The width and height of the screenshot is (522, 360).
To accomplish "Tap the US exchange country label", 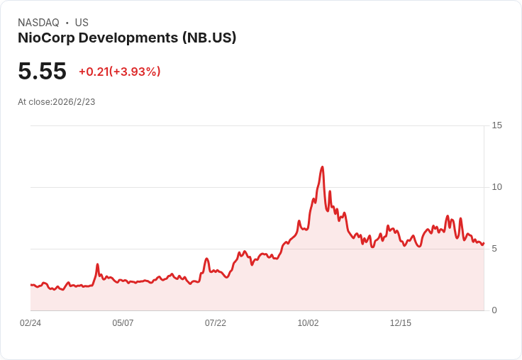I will coord(82,23).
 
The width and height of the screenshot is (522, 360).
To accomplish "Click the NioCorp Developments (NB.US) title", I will coord(127,38).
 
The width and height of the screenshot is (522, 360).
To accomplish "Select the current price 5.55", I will coord(42,71).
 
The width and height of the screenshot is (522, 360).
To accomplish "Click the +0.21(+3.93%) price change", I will coord(119,72).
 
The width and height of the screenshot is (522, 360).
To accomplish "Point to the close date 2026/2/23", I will coord(74,102).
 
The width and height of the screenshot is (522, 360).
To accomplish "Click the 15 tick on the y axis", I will coord(496,125).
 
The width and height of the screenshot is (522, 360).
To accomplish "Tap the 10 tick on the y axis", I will coord(496,187).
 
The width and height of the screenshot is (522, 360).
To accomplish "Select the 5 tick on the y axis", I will coord(494,249).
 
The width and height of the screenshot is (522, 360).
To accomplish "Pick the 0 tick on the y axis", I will coord(494,310).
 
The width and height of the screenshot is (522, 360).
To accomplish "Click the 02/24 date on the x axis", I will coord(30,323).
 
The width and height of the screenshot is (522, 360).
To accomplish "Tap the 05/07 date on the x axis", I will coord(123,323).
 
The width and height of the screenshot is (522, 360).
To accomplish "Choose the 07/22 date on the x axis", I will coord(216,323).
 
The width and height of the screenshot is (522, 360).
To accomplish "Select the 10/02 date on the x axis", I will coord(308,323).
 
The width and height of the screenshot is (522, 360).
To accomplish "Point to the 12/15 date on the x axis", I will coord(401,323).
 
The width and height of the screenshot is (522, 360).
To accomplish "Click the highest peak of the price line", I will coord(323,167).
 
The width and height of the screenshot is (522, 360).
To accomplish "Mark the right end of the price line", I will coord(483,243).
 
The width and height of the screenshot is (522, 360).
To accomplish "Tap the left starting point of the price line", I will coord(31,285).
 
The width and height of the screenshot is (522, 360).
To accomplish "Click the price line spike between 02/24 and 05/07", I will coord(97,264).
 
